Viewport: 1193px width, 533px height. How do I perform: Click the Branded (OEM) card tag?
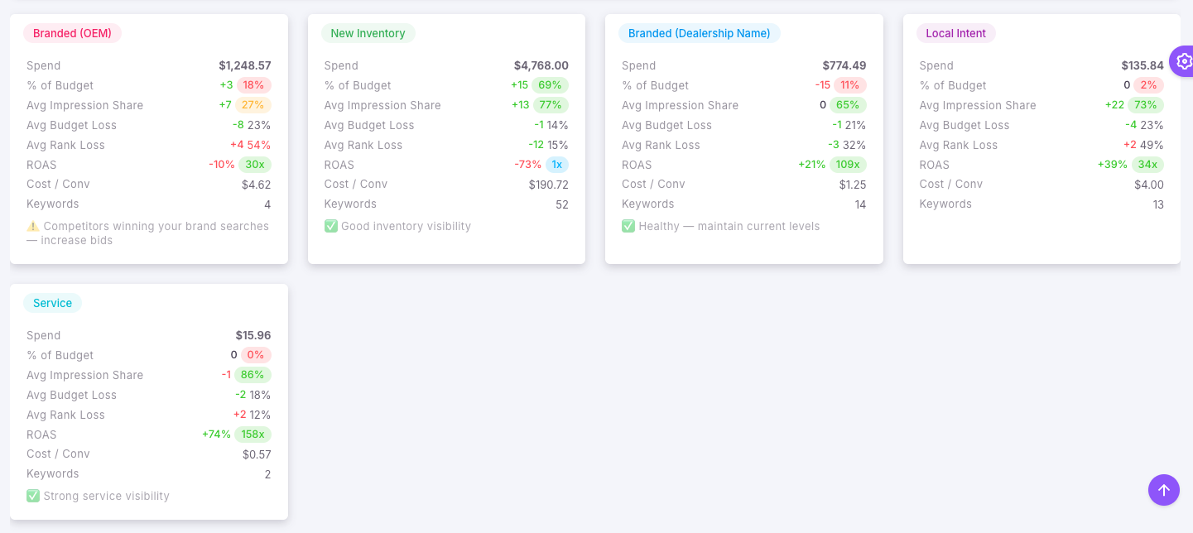pos(72,33)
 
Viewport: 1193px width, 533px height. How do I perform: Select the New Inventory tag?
pos(368,33)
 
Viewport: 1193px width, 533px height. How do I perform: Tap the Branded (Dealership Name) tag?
pos(699,33)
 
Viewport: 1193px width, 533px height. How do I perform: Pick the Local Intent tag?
pos(955,33)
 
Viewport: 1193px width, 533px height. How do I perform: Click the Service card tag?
pos(52,303)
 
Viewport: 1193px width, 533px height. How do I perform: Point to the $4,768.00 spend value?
pos(541,65)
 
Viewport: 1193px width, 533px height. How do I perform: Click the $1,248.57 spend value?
pos(244,65)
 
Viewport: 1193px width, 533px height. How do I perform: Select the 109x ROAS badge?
pos(849,165)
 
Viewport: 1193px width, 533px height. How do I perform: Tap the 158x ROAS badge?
pos(253,435)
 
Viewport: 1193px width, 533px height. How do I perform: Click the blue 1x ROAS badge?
pos(557,165)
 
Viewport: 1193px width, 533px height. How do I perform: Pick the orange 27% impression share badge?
pos(253,105)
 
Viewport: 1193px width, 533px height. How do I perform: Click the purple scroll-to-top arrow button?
pos(1163,489)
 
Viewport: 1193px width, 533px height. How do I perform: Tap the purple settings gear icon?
pos(1184,60)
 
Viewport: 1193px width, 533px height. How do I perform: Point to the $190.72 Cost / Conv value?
pos(548,185)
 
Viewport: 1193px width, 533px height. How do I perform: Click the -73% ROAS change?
pos(527,165)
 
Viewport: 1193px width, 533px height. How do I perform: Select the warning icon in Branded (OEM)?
pos(33,226)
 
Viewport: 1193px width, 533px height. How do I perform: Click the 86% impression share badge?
pos(253,375)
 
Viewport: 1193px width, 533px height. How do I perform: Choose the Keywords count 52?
pos(562,204)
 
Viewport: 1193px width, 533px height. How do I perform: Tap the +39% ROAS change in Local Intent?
pos(1112,165)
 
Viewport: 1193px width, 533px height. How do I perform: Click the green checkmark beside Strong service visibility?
pos(33,496)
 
